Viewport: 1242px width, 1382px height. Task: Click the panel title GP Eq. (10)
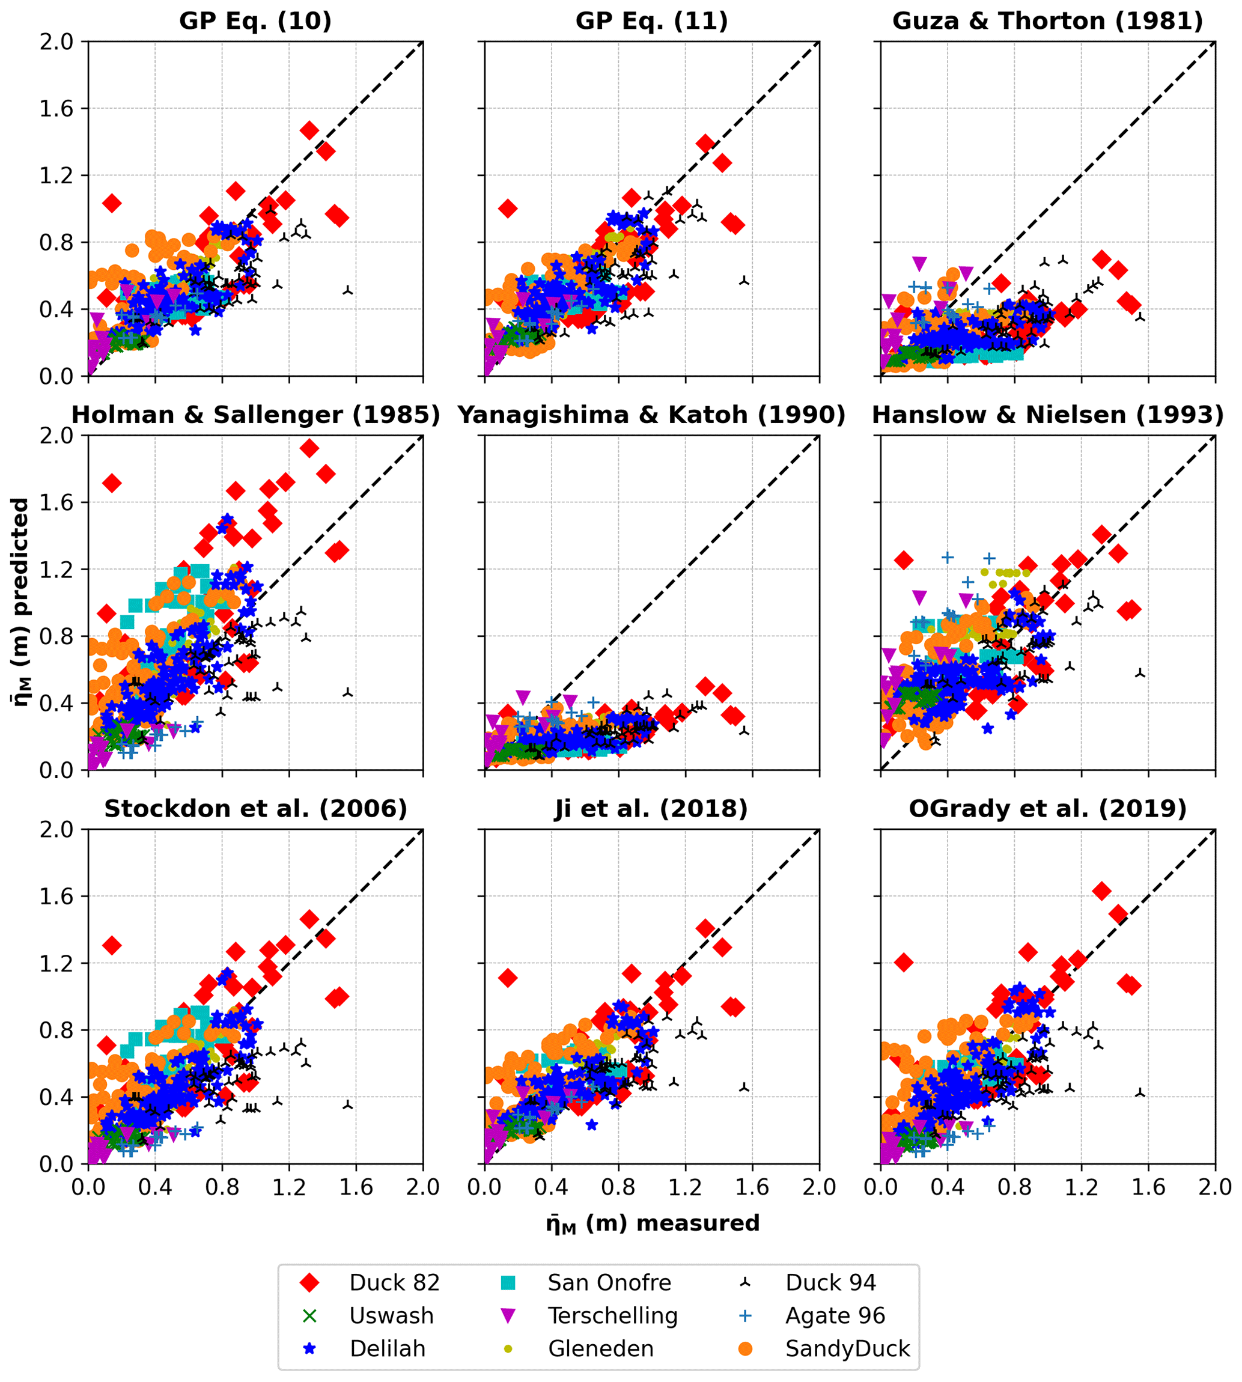click(x=255, y=21)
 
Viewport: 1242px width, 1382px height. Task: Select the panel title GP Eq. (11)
click(x=652, y=21)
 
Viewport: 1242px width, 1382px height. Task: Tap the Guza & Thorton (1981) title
click(x=1047, y=21)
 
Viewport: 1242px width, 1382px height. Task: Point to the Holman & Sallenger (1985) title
click(x=255, y=415)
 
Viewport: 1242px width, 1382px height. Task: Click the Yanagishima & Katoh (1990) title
click(x=652, y=415)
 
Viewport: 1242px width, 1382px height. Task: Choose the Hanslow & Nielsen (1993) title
click(x=1047, y=415)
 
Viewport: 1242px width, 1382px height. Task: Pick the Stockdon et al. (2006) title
click(x=255, y=809)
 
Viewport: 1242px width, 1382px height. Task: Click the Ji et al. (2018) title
click(x=652, y=809)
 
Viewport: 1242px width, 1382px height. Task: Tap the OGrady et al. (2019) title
click(x=1047, y=809)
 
